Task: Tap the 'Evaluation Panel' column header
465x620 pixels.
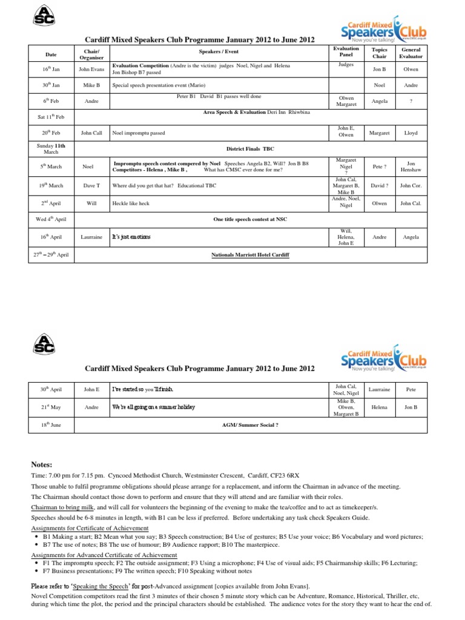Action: (346, 53)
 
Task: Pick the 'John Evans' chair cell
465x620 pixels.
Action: (91, 69)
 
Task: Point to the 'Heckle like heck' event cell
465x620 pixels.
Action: (131, 203)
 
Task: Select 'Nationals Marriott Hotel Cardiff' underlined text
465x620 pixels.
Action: (250, 255)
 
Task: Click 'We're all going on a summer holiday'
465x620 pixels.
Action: (154, 408)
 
